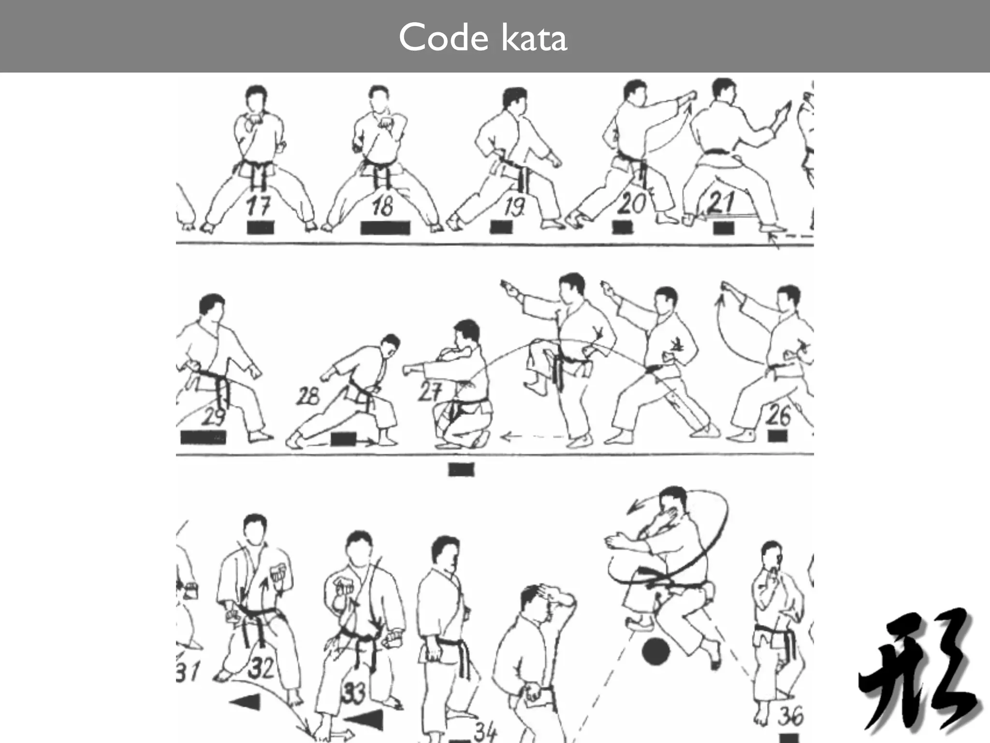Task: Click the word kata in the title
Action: coord(534,38)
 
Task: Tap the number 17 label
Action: coord(258,206)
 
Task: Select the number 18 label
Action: coord(383,206)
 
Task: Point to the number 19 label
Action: coord(513,207)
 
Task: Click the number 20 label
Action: coord(631,203)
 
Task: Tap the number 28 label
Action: coord(308,397)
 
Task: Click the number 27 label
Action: coord(429,392)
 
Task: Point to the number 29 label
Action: coord(214,416)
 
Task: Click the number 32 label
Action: coord(261,668)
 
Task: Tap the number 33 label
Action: coord(354,693)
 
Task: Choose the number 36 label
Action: coord(790,716)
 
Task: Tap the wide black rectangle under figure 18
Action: coord(385,228)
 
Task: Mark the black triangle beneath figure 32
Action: coord(247,701)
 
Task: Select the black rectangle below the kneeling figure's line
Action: coord(461,469)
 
